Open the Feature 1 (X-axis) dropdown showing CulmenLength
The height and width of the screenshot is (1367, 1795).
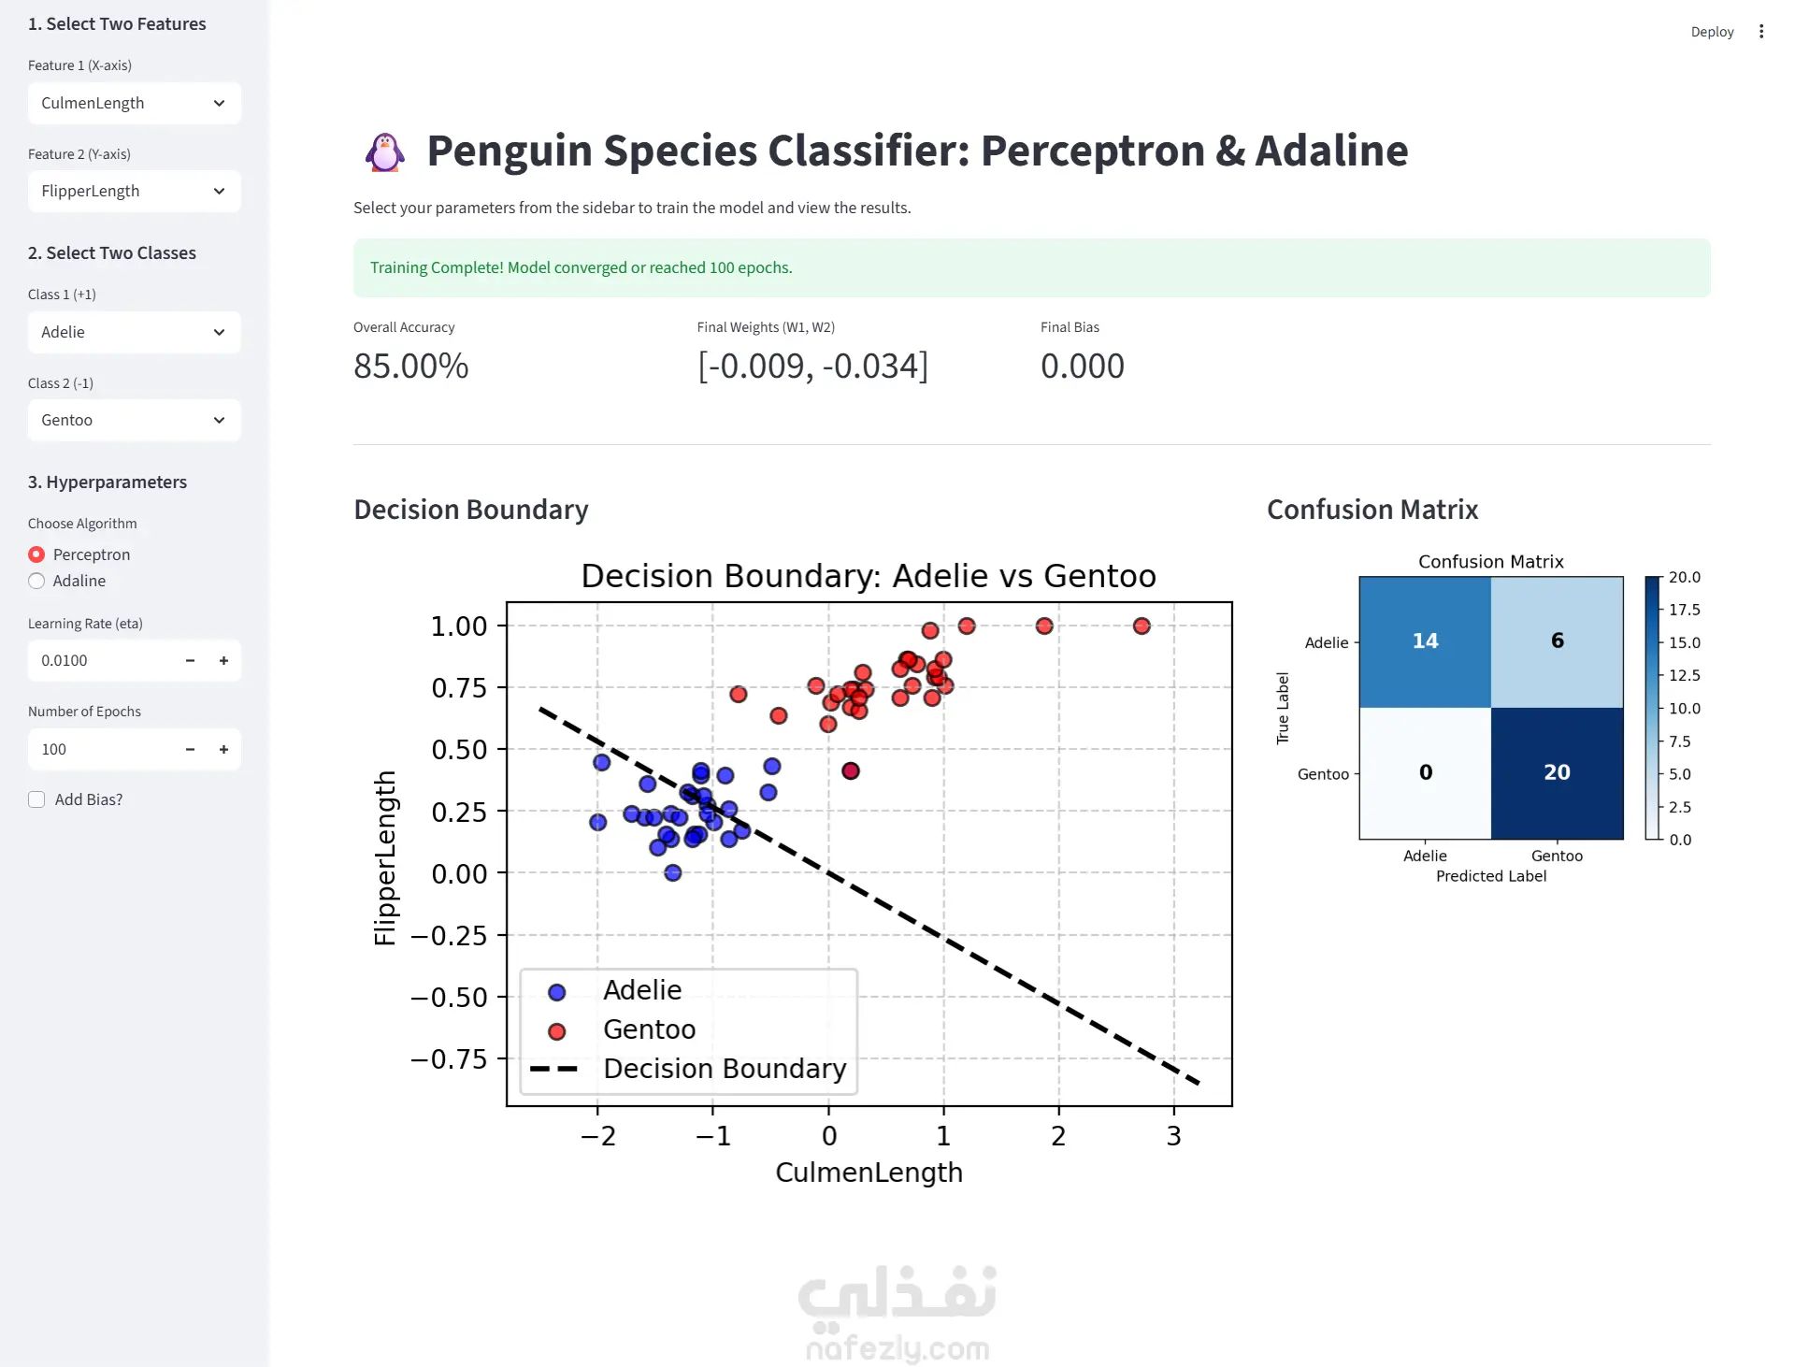(x=134, y=103)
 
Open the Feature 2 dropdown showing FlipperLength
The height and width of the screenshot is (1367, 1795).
(x=134, y=191)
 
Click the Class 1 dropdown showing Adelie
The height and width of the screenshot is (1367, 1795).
(x=134, y=332)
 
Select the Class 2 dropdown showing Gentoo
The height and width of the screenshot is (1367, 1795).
(x=134, y=420)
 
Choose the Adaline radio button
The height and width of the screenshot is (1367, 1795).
(x=36, y=581)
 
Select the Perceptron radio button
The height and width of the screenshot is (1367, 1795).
(x=36, y=554)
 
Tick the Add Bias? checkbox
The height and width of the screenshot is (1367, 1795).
(x=36, y=799)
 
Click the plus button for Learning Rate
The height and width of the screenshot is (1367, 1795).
(x=223, y=660)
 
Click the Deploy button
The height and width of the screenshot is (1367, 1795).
(x=1712, y=32)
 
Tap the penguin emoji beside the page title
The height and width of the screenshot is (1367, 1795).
(x=384, y=151)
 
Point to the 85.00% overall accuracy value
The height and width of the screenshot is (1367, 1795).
(x=410, y=366)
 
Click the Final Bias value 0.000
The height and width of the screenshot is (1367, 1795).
(x=1083, y=366)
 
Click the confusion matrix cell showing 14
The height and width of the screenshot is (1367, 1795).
(x=1425, y=641)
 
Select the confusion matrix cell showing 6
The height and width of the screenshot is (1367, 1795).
(x=1558, y=641)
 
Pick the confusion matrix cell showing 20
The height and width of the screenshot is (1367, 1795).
(x=1558, y=773)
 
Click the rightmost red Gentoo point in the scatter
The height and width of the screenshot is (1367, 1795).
(x=1142, y=626)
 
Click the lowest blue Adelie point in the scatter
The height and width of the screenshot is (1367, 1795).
(x=673, y=873)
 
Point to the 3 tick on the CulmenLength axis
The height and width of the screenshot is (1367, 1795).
(x=1174, y=1135)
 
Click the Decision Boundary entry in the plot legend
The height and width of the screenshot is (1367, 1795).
(x=688, y=1068)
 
